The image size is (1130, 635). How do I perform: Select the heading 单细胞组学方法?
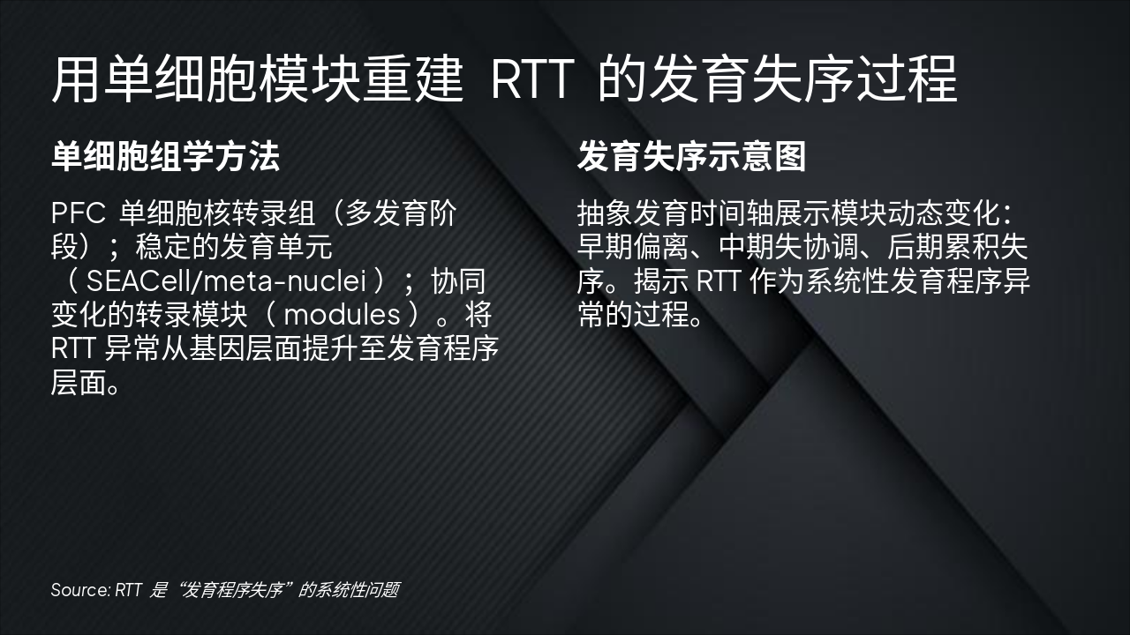[165, 156]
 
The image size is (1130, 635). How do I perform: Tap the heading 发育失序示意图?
[691, 156]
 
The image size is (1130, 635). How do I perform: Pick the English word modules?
[342, 315]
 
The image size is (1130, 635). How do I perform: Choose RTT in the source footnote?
[128, 589]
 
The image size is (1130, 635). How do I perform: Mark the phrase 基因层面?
[260, 348]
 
